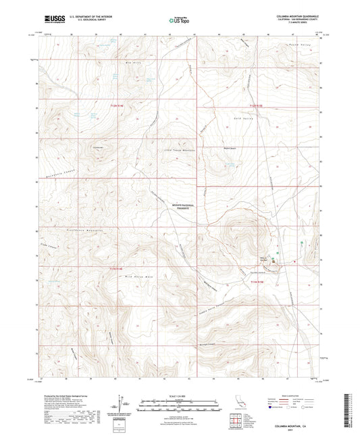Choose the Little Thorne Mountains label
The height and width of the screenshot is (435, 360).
180,150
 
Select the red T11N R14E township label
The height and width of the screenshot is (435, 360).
118,270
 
